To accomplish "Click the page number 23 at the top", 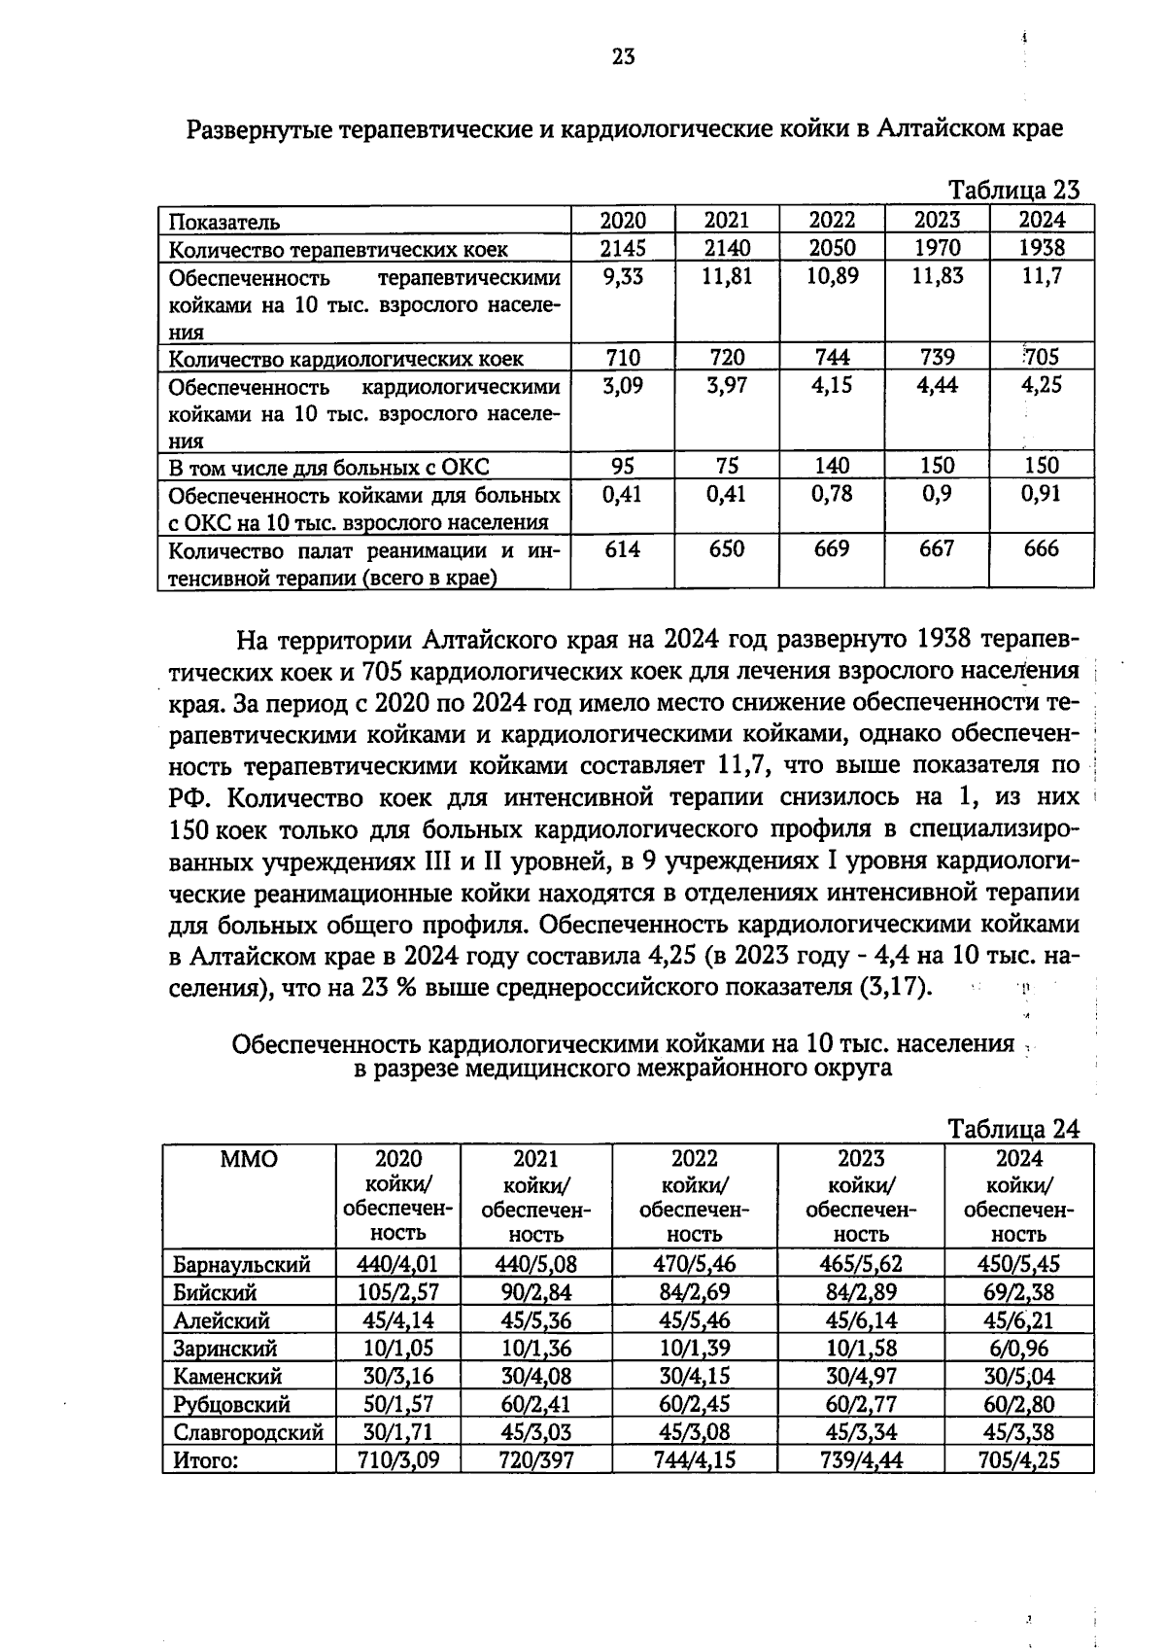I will [623, 57].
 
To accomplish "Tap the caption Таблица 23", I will [1013, 190].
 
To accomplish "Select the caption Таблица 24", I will [1013, 1129].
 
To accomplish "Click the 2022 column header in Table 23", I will [832, 220].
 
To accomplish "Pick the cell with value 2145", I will [623, 248].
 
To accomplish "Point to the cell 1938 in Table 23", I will [1042, 248].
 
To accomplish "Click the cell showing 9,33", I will [623, 277].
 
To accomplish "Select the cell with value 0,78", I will [832, 494].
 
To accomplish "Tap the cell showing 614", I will [623, 549].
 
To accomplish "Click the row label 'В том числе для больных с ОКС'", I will [328, 468].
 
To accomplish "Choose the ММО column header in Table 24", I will [249, 1159].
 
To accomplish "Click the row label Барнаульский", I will [242, 1265].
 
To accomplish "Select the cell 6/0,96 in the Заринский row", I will [1018, 1349].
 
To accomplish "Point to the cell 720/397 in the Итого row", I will [535, 1460].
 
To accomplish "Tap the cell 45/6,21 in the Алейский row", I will [1018, 1320].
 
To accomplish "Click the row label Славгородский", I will [248, 1432].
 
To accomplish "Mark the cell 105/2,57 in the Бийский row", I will [398, 1293].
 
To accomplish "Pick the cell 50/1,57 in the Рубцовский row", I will [398, 1404].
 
